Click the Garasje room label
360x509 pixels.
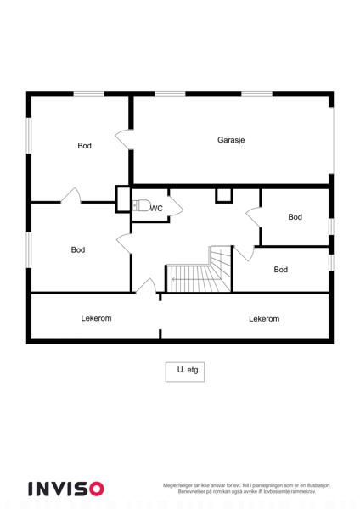click(231, 140)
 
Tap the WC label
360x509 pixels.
click(156, 209)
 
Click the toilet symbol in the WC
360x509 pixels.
click(141, 206)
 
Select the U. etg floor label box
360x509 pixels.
click(185, 372)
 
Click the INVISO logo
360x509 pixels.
click(66, 489)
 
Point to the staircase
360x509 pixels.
click(199, 269)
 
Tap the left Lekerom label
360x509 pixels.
click(96, 318)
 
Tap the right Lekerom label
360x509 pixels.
click(264, 319)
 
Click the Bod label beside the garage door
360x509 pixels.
click(84, 146)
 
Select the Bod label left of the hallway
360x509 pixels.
click(78, 250)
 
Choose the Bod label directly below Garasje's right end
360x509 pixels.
click(295, 217)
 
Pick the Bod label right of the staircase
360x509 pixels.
click(281, 270)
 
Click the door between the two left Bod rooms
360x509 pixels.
click(71, 195)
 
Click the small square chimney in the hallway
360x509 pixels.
click(224, 196)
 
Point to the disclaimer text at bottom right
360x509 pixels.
click(246, 489)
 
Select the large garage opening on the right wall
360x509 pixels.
click(333, 141)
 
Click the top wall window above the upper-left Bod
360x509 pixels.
click(88, 94)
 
